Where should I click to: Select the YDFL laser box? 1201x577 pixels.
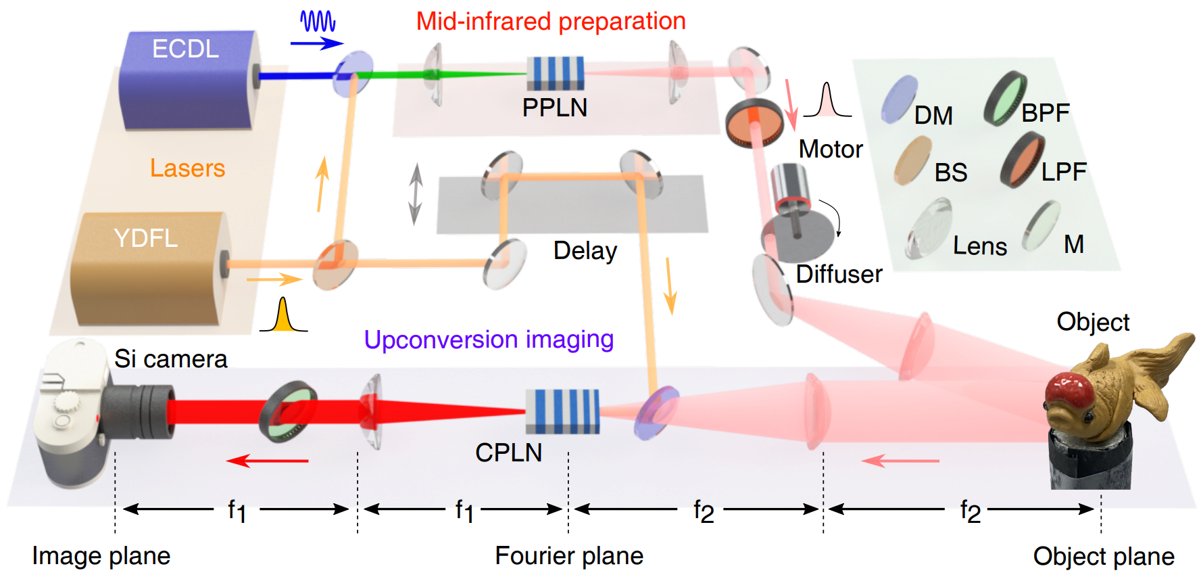(149, 271)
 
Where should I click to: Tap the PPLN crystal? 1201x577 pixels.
(555, 73)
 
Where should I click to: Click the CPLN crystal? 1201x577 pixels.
(562, 411)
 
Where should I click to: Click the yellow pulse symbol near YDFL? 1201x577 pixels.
(283, 316)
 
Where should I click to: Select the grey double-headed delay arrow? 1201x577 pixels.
(415, 194)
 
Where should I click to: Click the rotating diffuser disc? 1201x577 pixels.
(798, 237)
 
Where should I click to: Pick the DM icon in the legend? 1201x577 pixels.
(900, 99)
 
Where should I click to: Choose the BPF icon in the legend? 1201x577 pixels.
(1005, 99)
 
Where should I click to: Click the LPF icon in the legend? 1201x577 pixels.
(1022, 161)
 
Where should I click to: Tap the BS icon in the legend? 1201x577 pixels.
(912, 160)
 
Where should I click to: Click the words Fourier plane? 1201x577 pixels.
(569, 556)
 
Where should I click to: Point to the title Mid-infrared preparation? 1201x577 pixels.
(551, 22)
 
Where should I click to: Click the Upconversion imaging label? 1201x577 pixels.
(489, 340)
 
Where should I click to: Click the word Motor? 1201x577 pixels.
(831, 149)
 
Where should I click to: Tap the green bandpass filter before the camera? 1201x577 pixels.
(289, 411)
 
